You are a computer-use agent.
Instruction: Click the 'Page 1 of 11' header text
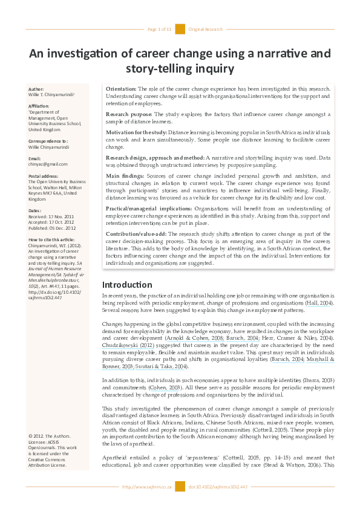tap(160, 29)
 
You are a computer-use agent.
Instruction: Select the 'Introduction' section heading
tap(127, 284)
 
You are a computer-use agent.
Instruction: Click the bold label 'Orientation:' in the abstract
tap(121, 89)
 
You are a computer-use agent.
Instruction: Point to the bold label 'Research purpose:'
tap(129, 114)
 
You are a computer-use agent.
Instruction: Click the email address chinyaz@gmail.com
tap(48, 164)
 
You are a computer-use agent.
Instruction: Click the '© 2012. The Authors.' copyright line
tap(49, 436)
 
